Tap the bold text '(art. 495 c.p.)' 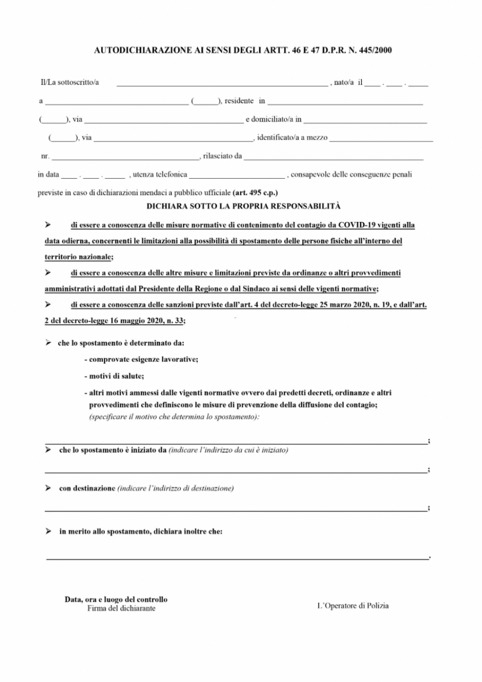(255, 193)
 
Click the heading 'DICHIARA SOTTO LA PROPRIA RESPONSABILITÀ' (243, 206)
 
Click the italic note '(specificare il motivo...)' (174, 416)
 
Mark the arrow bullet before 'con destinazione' (48, 488)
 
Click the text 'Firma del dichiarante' (121, 608)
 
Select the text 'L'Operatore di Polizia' (353, 605)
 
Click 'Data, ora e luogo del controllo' (116, 599)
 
